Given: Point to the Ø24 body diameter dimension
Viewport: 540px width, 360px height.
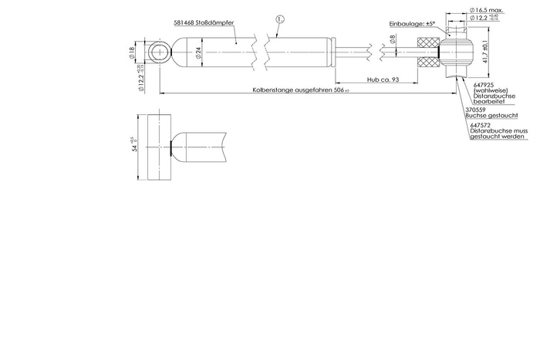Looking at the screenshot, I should point(197,53).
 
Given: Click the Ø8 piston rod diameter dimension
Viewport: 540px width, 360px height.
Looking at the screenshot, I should point(392,40).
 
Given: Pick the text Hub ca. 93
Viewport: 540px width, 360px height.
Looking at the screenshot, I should point(384,79).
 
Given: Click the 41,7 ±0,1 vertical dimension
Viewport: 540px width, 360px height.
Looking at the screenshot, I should point(483,54).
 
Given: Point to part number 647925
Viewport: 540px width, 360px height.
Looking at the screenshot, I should point(482,85).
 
